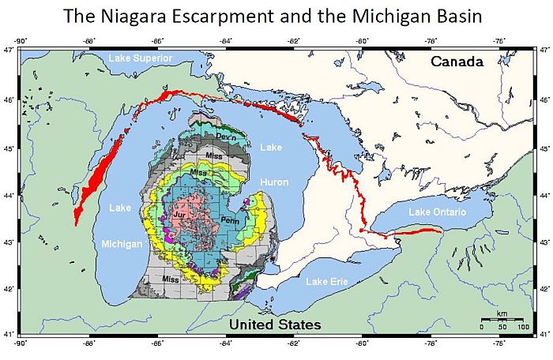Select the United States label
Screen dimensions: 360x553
tap(275, 324)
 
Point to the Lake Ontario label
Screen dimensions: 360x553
tap(438, 212)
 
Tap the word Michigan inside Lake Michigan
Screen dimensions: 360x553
tap(122, 244)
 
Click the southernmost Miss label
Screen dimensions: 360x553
tap(170, 279)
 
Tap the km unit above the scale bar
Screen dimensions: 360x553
tap(502, 314)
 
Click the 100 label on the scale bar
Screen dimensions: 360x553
tap(522, 326)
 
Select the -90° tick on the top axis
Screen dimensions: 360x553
tap(21, 40)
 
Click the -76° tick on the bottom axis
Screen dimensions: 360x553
tap(499, 343)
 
